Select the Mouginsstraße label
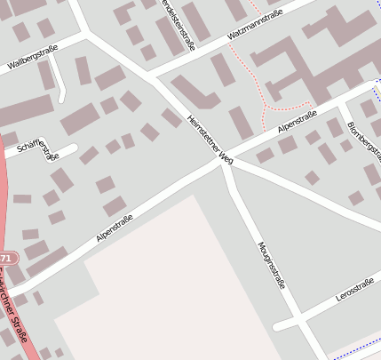click(271, 265)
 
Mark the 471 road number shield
click(5, 258)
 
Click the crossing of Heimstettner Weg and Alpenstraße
click(227, 158)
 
